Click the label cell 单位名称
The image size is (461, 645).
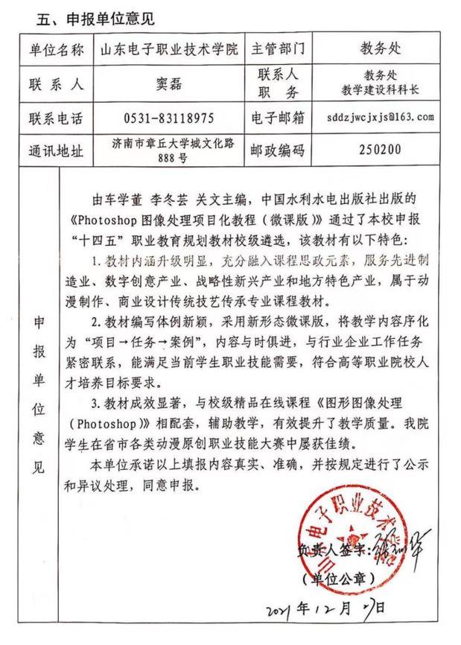pos(57,50)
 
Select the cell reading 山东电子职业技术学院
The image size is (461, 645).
pos(170,50)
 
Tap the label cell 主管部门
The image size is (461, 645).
pos(280,50)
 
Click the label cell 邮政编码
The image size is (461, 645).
pos(280,150)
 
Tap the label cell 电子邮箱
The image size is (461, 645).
pos(280,118)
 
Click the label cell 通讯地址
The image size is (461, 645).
pos(57,150)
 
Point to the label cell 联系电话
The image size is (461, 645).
pos(57,118)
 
